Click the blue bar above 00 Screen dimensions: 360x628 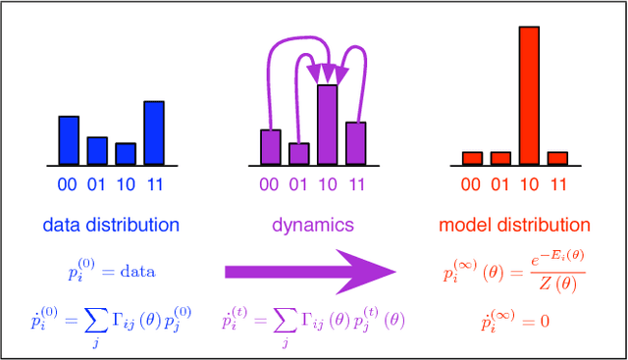click(x=69, y=139)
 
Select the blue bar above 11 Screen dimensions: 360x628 click(x=154, y=131)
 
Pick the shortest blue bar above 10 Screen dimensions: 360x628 click(x=126, y=153)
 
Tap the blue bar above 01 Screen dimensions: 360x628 click(x=97, y=150)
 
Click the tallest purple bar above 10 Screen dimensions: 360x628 click(x=327, y=124)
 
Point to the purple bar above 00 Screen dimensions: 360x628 click(x=271, y=145)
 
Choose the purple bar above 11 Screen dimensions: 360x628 click(x=356, y=142)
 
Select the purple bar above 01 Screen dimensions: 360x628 click(x=299, y=153)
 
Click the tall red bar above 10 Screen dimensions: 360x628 click(x=529, y=94)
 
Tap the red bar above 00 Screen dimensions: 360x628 click(x=472, y=157)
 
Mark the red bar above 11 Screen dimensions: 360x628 click(x=557, y=157)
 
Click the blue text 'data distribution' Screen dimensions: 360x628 click(x=111, y=225)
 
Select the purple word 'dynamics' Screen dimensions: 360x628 click(x=313, y=225)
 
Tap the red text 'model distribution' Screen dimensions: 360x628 click(x=515, y=225)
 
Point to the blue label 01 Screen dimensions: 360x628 click(x=97, y=183)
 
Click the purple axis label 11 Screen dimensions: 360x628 click(x=356, y=183)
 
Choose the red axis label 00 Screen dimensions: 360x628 click(x=472, y=183)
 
